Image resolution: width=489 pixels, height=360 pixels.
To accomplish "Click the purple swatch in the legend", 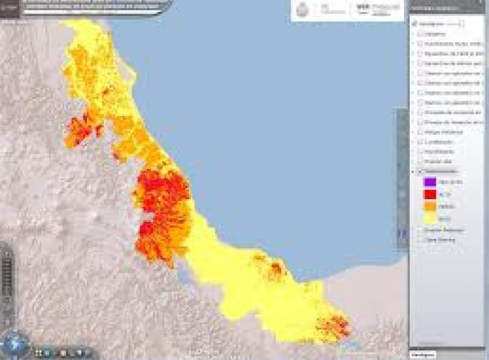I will (x=429, y=181).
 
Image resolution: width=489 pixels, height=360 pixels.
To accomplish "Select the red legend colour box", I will (x=429, y=194).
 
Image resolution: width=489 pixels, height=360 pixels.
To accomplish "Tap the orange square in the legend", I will (x=429, y=206).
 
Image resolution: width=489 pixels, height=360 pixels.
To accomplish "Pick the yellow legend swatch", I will (x=429, y=218).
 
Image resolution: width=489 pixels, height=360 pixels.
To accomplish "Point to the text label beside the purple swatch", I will (x=451, y=181).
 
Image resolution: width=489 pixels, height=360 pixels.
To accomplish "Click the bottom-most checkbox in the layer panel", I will (x=422, y=240).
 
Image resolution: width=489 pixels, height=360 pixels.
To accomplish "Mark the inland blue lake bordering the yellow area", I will (x=183, y=276).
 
